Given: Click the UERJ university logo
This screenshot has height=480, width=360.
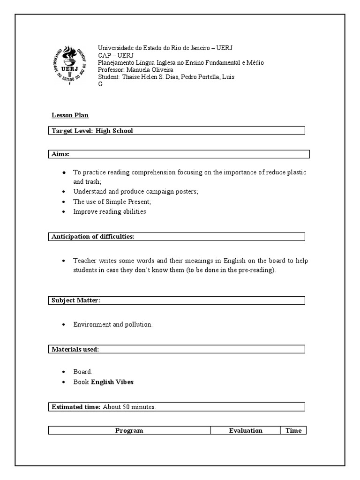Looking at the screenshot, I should [x=69, y=65].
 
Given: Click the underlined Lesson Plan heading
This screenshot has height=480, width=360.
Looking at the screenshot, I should [x=70, y=115].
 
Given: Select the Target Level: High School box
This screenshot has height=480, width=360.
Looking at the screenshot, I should [x=177, y=131].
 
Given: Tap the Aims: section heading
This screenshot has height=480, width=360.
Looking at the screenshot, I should [x=60, y=154].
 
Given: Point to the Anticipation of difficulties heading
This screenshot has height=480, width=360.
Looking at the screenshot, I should [x=93, y=237].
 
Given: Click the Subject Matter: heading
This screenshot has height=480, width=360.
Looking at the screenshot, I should [x=76, y=300].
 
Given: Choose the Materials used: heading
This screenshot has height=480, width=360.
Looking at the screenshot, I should [x=75, y=349].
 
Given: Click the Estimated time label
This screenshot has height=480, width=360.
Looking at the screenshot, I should [x=75, y=407].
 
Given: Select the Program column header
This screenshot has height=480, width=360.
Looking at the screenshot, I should [x=129, y=430].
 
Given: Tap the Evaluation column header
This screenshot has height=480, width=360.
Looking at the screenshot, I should [x=246, y=430].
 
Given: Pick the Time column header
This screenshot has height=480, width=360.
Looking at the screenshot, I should [x=293, y=430].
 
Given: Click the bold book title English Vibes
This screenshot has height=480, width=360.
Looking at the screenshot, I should [x=112, y=382].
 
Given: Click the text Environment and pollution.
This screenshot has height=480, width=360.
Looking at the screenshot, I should [x=112, y=324].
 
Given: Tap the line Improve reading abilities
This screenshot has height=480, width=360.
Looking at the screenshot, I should [x=110, y=211].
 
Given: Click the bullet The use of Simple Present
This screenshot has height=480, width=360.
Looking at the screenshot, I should [x=112, y=202].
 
